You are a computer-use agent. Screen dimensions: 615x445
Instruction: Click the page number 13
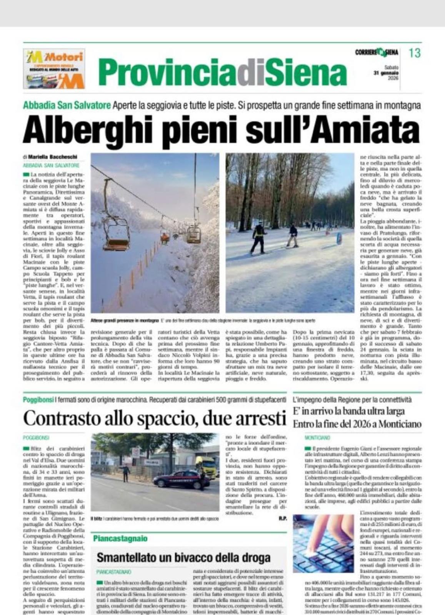(x=414, y=53)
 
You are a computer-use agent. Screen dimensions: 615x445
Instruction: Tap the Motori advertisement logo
(x=54, y=69)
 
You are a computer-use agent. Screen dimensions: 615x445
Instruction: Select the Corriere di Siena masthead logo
(x=376, y=52)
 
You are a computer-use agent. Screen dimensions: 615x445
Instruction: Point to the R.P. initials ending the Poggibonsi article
(x=283, y=519)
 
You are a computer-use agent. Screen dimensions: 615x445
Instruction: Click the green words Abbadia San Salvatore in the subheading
(x=67, y=105)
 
